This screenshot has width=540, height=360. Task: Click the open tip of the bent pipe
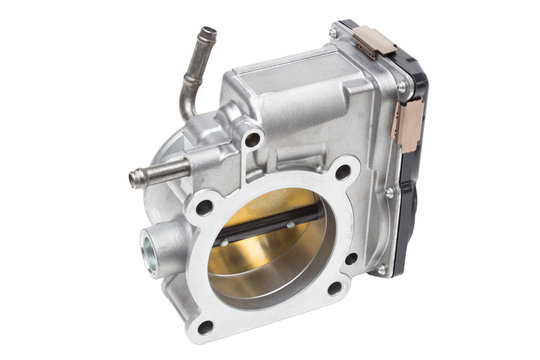click(x=207, y=36)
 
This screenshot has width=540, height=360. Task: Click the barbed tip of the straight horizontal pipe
click(x=137, y=179)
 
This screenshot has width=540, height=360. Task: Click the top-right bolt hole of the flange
click(x=343, y=172)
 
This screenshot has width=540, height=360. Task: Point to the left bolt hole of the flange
click(x=204, y=208)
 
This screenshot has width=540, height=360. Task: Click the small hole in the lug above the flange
click(x=252, y=139)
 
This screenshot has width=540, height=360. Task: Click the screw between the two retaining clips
click(x=401, y=87)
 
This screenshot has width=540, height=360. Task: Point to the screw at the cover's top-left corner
click(x=333, y=33)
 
